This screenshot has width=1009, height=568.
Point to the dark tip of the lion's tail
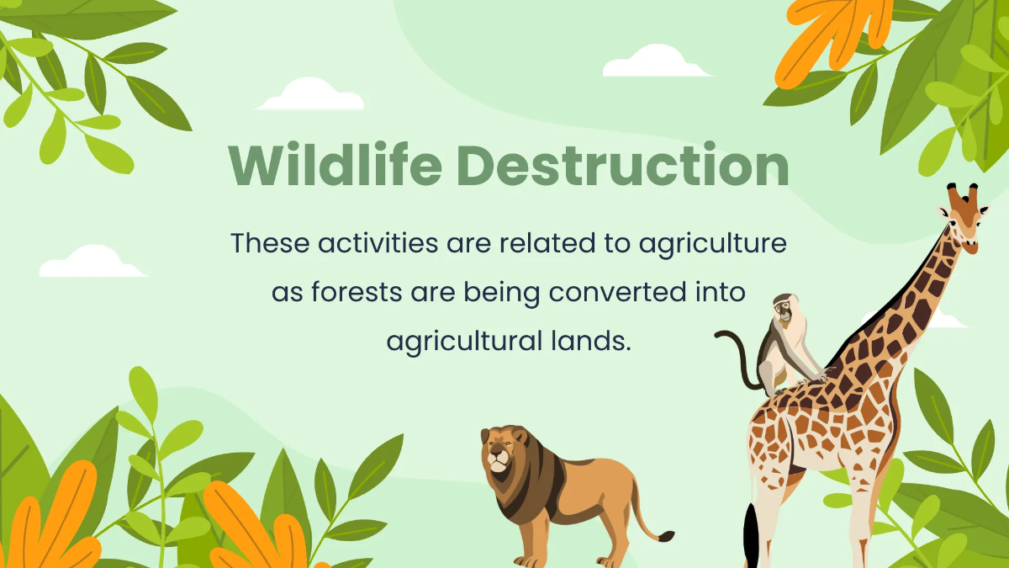(x=665, y=535)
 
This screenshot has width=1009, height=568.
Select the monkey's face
(x=784, y=311)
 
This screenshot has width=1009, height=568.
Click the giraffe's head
(x=964, y=223)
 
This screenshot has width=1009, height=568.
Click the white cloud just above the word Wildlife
(x=309, y=95)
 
